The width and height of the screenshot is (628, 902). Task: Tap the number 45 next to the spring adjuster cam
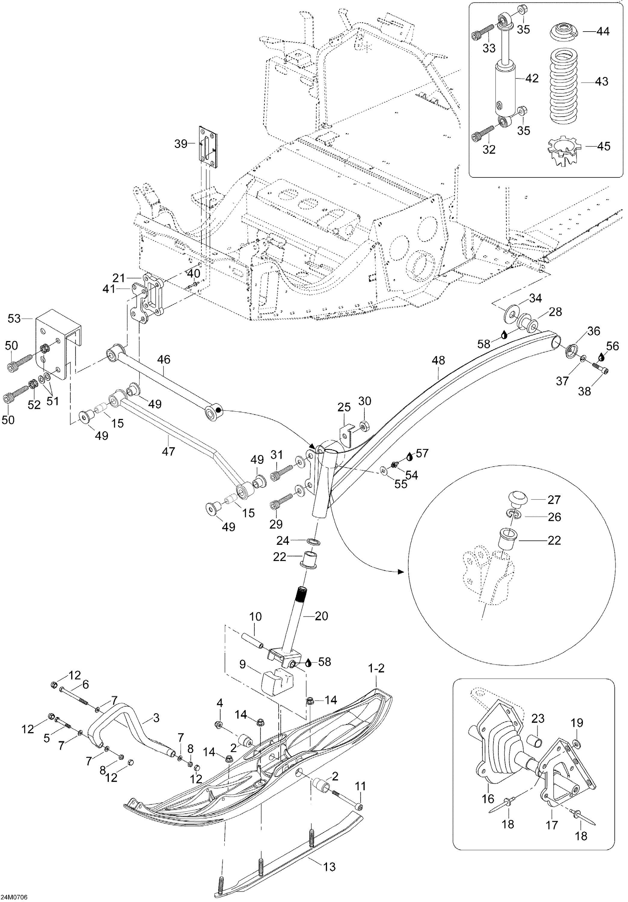point(604,146)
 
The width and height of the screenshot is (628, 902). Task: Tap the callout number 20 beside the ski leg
point(321,616)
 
